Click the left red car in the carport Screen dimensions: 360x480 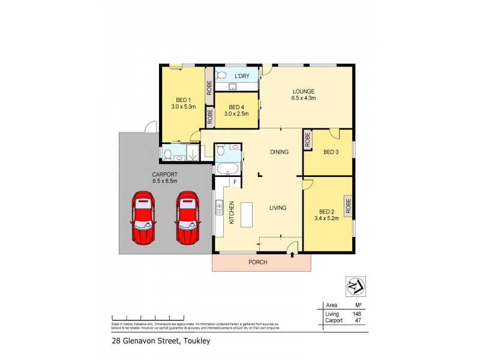[143, 218]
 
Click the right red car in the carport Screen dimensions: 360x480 [187, 218]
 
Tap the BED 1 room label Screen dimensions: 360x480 [183, 100]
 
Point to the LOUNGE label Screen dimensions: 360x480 [303, 92]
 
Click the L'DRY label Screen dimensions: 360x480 [242, 76]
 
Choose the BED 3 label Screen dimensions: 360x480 [331, 152]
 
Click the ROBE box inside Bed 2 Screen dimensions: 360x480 [348, 206]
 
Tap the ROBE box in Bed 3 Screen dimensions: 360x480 [308, 140]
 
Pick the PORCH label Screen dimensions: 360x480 [258, 262]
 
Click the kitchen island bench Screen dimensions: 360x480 [246, 214]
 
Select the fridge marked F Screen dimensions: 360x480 [235, 181]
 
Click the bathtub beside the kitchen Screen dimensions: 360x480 [228, 169]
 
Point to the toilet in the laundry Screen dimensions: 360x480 [221, 76]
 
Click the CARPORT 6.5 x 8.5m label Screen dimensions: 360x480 [165, 178]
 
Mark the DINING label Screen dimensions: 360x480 [279, 152]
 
